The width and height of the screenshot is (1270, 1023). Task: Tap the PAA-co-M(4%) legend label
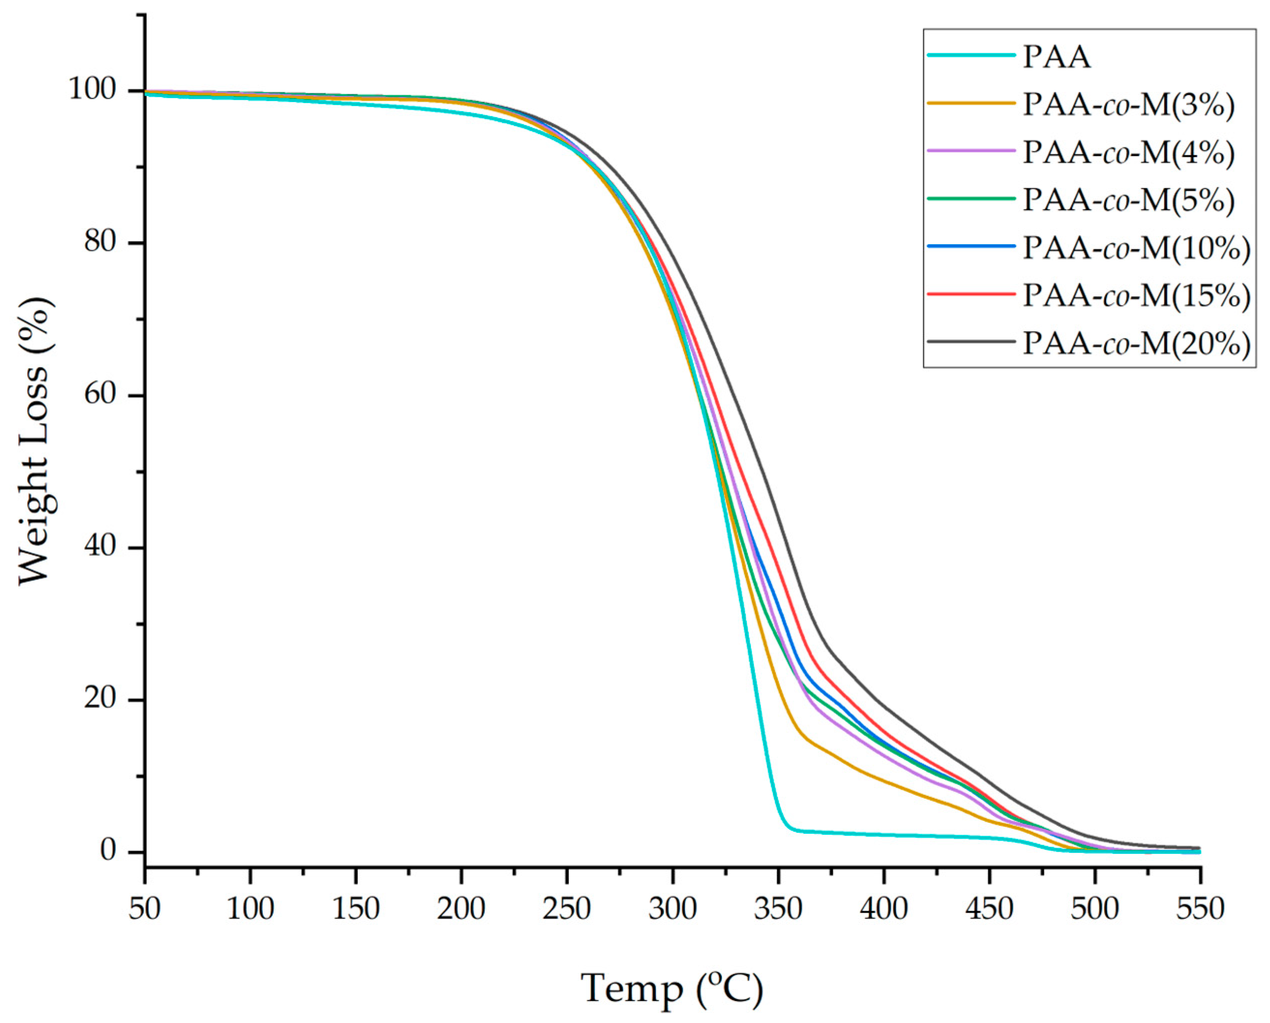1128,152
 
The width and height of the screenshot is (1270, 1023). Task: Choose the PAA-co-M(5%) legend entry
1128,199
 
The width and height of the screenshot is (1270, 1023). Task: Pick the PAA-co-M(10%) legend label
1135,248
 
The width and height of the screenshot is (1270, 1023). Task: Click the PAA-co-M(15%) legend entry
1135,295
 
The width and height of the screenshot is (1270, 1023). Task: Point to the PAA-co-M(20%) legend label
1135,343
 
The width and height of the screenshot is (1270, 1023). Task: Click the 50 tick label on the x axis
145,909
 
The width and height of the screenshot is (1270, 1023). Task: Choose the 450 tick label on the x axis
989,909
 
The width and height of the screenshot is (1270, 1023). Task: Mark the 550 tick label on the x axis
1200,909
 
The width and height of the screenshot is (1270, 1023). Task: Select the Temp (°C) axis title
672,988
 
